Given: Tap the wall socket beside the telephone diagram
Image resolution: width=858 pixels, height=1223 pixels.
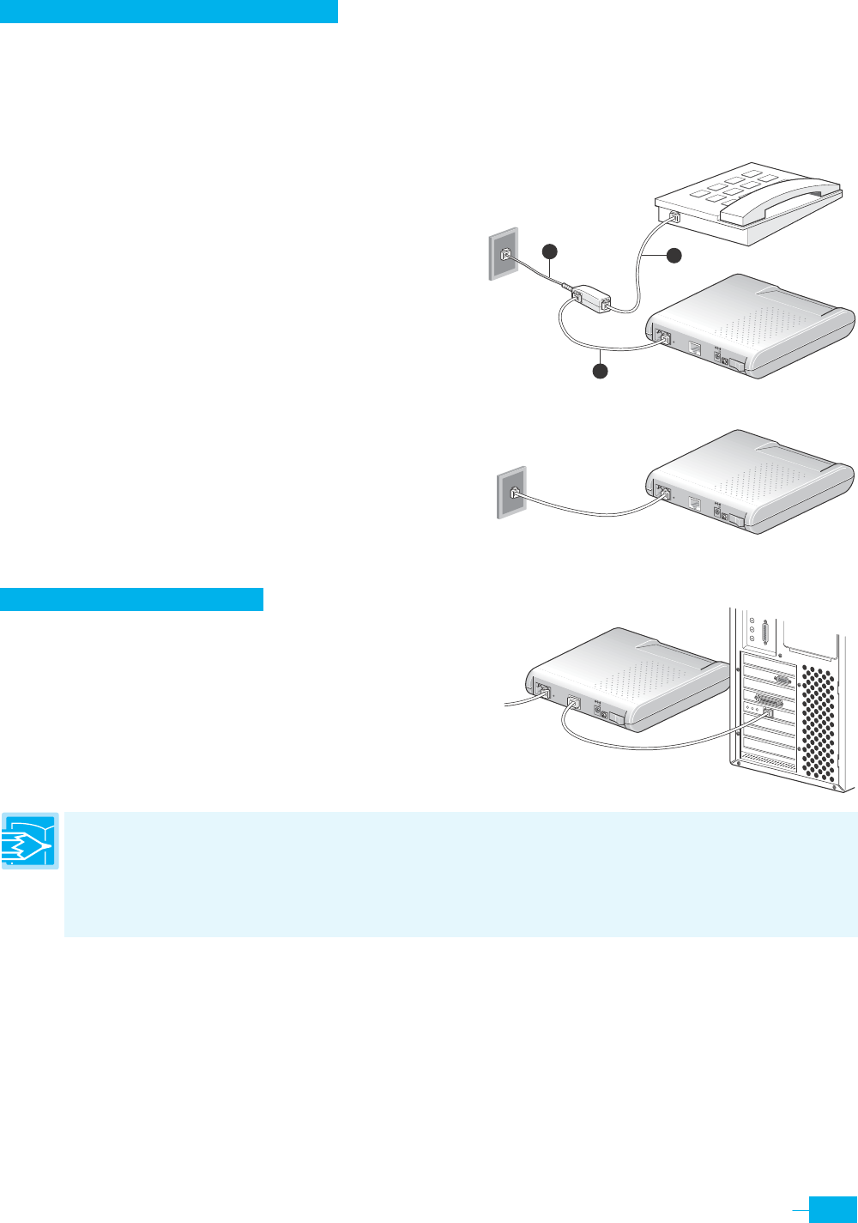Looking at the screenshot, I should [505, 254].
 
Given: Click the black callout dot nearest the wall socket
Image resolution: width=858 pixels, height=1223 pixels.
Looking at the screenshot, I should [550, 251].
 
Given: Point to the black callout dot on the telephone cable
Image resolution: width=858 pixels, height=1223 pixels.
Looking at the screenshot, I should [674, 255].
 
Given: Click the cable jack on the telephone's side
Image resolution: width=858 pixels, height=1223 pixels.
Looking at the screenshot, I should [674, 217].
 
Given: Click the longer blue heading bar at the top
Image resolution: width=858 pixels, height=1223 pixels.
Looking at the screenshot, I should [169, 11].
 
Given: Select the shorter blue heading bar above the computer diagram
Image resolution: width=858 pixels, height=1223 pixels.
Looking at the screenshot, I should [131, 599].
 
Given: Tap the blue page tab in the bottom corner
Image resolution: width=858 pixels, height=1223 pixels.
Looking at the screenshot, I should [834, 1208].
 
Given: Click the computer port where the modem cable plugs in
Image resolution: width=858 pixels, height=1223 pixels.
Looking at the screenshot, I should [768, 713].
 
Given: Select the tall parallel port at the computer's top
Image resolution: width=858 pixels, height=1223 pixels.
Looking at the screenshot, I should [764, 636].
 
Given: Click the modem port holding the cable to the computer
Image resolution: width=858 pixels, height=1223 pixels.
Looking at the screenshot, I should [573, 704].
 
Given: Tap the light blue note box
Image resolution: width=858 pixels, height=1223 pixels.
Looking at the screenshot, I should [461, 874].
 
